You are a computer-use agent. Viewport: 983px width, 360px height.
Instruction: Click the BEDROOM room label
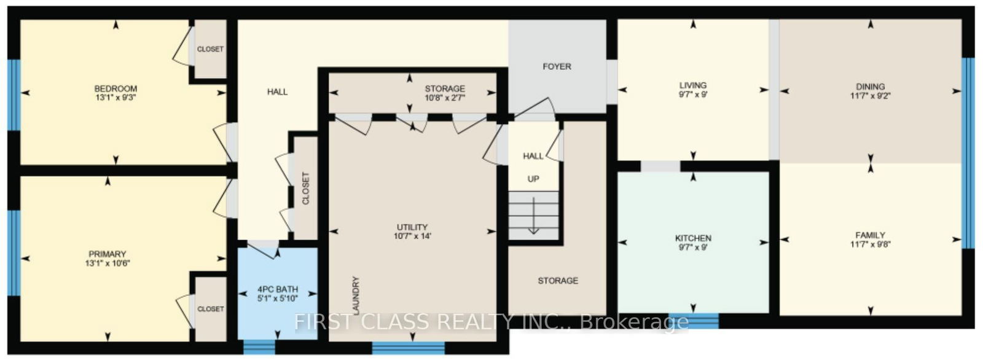pos(116,88)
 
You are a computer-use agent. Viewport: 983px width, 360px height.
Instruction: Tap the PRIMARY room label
pos(108,254)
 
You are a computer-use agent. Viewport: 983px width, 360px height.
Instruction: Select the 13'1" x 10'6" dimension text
pos(108,264)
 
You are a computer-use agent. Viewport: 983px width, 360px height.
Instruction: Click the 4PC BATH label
pos(278,289)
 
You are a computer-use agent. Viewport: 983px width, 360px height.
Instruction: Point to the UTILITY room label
pos(412,227)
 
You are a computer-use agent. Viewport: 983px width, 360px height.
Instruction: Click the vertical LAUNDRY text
pos(356,295)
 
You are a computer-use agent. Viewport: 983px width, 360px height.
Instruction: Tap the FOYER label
pos(557,67)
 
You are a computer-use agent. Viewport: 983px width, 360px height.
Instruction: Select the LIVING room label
pos(694,85)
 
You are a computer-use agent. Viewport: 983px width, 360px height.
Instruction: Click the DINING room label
pos(870,87)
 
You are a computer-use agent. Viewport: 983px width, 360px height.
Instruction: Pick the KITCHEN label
pos(694,238)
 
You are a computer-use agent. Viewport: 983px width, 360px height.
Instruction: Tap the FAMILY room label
pos(870,235)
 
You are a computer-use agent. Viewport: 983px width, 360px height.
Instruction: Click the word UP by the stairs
pos(533,179)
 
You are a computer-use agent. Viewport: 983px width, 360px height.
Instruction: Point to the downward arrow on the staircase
pos(534,216)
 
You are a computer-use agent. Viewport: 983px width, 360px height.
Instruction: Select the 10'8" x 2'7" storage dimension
pos(445,98)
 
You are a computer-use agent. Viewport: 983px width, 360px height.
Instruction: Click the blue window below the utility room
pos(409,348)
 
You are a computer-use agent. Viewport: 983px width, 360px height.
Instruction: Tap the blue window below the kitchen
pos(694,321)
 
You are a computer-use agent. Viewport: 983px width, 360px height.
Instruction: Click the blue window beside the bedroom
pos(14,95)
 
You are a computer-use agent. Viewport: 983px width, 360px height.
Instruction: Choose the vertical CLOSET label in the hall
pos(306,188)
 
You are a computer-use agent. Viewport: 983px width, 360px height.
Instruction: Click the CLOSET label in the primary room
pos(211,309)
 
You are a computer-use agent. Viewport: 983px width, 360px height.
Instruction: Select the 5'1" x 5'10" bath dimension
pos(278,299)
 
